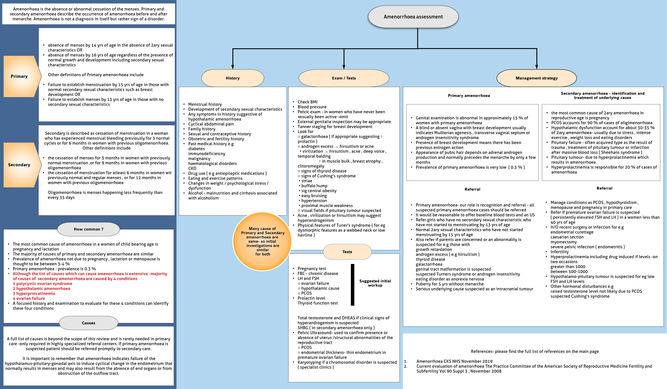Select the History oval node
tap(232, 78)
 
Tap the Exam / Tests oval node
tap(344, 78)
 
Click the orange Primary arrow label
tap(19, 76)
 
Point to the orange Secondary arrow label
tap(19, 165)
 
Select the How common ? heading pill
tap(88, 229)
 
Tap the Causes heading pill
tap(88, 323)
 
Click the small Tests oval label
tap(347, 252)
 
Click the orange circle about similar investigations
tap(262, 241)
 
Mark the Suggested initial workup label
tap(375, 283)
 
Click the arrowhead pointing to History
tap(232, 67)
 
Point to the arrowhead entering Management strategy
tap(537, 67)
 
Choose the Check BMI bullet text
tap(307, 102)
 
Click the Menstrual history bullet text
tap(205, 104)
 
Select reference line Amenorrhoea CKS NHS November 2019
tap(454, 361)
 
